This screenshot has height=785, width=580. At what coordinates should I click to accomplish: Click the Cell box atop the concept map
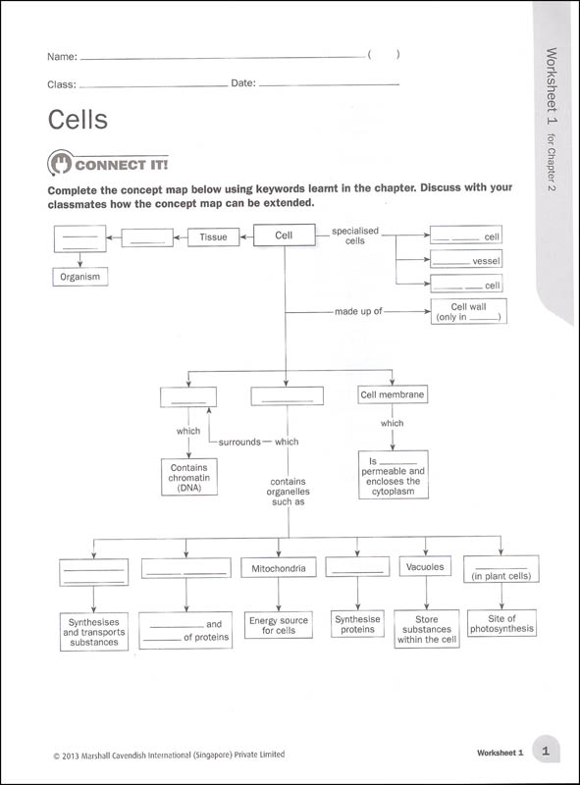tap(285, 236)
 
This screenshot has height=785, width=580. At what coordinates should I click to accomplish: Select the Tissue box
tap(213, 236)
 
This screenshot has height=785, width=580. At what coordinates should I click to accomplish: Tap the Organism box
tap(80, 278)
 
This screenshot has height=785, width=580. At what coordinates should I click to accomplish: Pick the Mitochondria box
tap(278, 568)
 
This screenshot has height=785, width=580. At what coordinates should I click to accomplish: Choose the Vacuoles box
tap(425, 567)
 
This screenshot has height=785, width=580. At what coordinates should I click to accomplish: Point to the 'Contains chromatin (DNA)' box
tap(188, 477)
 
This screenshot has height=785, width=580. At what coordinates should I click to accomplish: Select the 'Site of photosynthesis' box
tap(501, 624)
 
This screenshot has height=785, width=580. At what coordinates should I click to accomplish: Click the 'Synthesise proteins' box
tap(357, 624)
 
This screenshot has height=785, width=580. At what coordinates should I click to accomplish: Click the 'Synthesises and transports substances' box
tap(93, 632)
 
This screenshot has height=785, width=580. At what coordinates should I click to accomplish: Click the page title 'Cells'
tap(78, 120)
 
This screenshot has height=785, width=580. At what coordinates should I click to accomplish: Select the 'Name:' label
tap(62, 57)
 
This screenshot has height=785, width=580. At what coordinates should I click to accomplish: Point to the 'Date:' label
tap(243, 83)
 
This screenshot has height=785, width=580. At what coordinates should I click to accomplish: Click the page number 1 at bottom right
tap(546, 751)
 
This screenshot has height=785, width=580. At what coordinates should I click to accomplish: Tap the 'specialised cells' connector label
tap(354, 235)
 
